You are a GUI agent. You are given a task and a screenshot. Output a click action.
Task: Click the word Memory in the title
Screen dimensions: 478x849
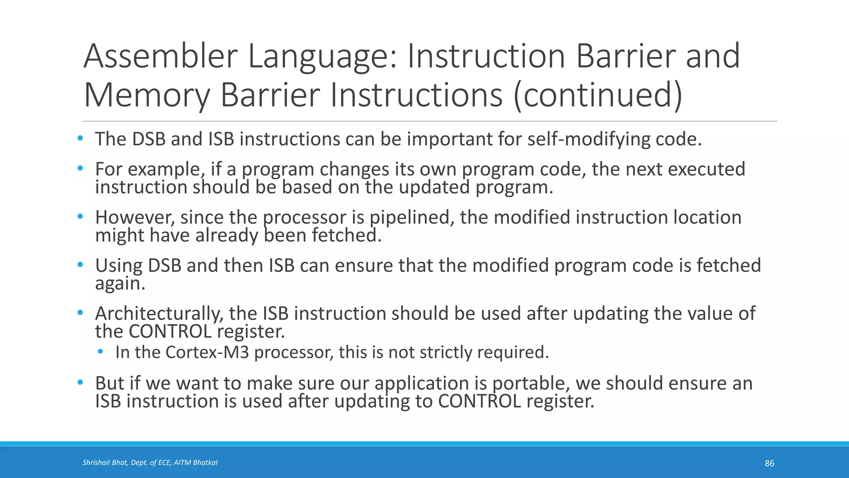[147, 95]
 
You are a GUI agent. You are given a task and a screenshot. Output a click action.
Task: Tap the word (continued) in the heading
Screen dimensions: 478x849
[597, 95]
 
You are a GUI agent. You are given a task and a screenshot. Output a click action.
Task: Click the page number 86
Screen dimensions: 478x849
[769, 463]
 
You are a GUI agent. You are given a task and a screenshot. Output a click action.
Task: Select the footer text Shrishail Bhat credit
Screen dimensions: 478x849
[150, 463]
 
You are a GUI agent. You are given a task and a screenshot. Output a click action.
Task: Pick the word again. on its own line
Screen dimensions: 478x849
[120, 284]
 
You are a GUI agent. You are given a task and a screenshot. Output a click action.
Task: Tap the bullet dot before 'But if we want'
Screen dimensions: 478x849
[80, 383]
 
